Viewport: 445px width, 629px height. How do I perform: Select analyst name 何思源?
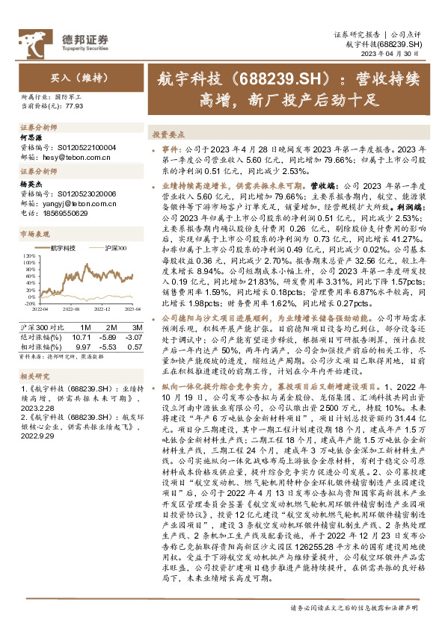[29, 138]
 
